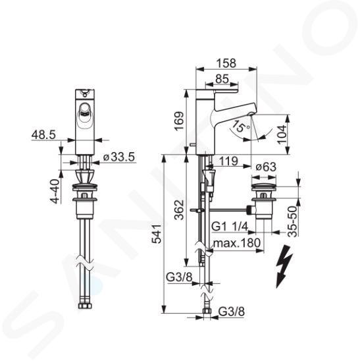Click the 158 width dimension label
(226, 63)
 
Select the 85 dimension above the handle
(222, 79)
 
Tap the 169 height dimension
(179, 121)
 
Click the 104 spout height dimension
(282, 134)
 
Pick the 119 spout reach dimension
(228, 161)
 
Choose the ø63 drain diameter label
(266, 167)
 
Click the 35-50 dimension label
(293, 221)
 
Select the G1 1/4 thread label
(230, 227)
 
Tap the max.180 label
(237, 242)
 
